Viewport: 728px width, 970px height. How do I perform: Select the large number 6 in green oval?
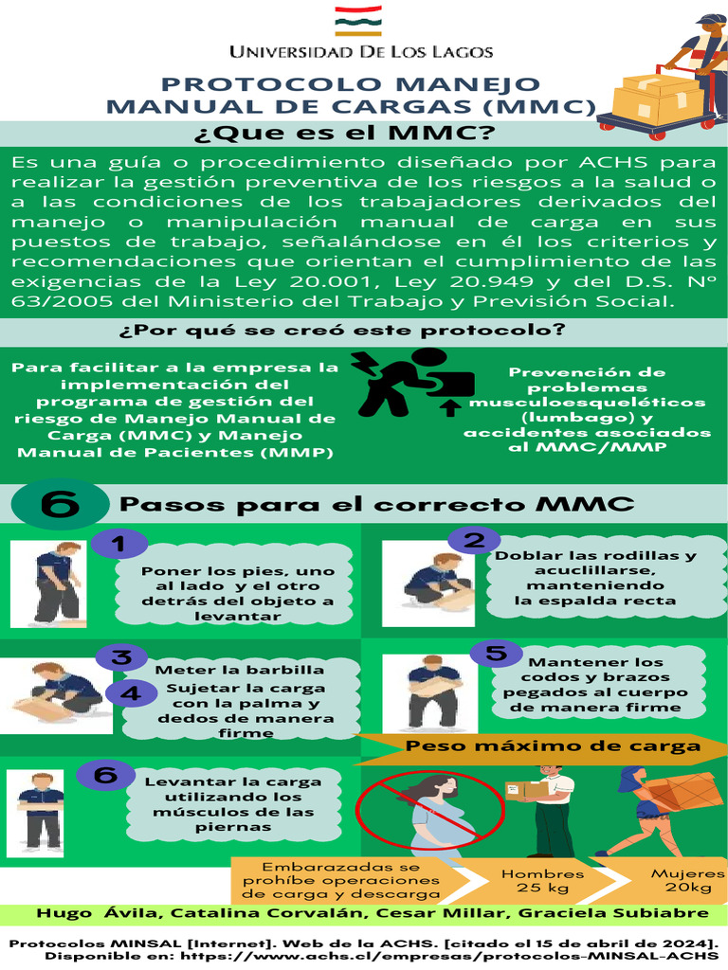point(60,506)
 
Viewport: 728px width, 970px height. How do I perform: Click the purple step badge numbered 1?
point(118,544)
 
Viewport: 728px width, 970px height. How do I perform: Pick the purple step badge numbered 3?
point(122,657)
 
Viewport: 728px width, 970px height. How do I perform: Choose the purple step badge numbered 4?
point(132,693)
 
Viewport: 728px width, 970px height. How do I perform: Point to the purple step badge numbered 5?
point(496,654)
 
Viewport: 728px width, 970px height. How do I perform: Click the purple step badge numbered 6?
point(106,775)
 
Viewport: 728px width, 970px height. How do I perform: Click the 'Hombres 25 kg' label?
point(542,881)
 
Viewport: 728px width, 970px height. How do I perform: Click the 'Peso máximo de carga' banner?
point(554,746)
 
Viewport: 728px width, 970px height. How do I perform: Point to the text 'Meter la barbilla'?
point(239,669)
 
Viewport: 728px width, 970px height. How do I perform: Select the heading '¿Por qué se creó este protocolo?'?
point(343,331)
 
